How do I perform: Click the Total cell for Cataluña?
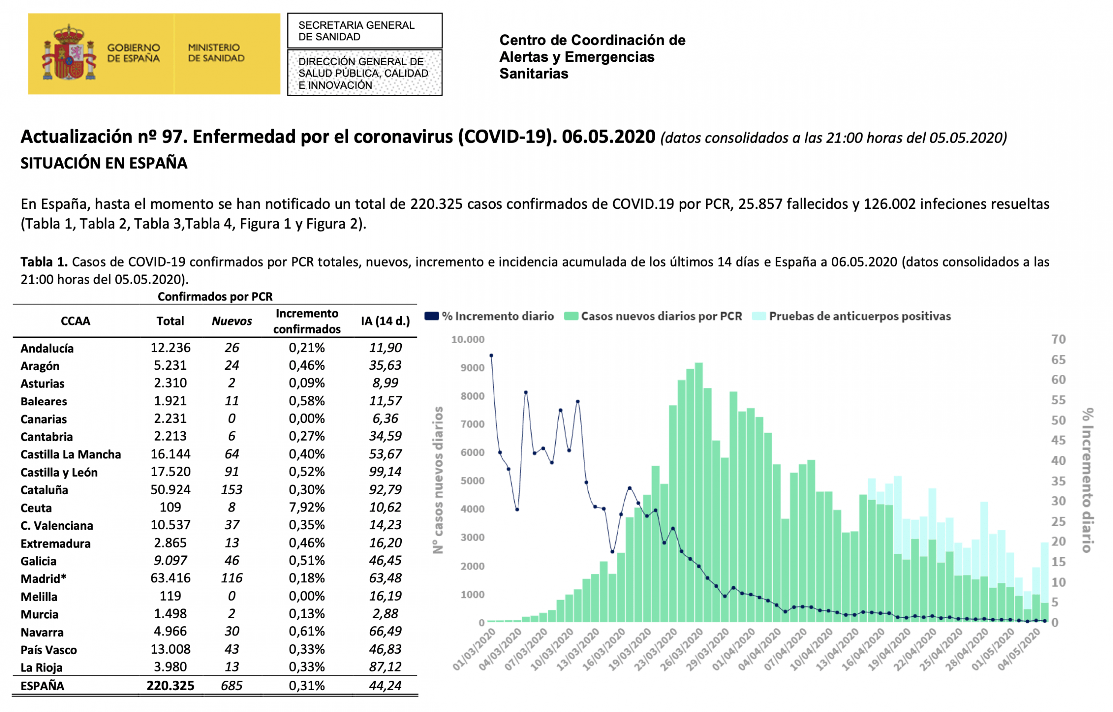tap(170, 489)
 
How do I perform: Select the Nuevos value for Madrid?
tap(232, 578)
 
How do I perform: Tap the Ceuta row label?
tap(36, 508)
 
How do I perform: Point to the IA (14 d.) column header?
tap(385, 321)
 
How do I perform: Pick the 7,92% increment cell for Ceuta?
tap(307, 507)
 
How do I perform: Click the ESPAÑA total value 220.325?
tap(170, 685)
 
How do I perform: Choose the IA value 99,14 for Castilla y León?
tap(385, 471)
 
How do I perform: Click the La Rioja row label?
tap(42, 667)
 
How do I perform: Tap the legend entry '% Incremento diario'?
tap(490, 316)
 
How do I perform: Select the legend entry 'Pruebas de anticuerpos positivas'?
tap(851, 316)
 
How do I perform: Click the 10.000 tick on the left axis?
tap(468, 339)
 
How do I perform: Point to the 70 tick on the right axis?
tap(1059, 339)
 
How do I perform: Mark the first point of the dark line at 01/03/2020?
tap(491, 355)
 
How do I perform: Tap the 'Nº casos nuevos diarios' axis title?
tap(438, 480)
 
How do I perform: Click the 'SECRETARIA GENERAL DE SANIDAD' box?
tap(365, 30)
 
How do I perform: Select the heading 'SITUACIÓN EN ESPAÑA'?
tap(104, 163)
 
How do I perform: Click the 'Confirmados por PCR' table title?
tap(215, 296)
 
